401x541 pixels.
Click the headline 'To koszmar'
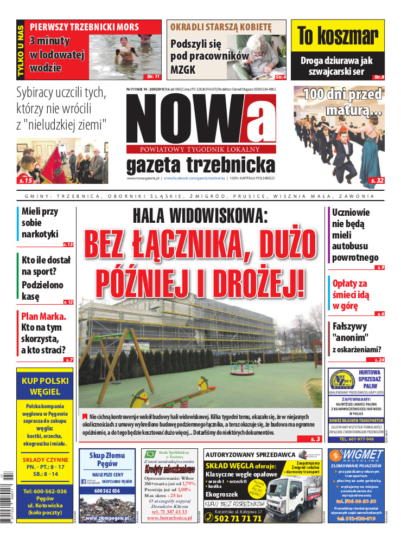click(x=338, y=37)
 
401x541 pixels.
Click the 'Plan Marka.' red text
click(x=43, y=317)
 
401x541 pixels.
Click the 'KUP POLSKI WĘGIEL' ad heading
click(x=45, y=385)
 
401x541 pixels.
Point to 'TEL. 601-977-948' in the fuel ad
click(x=355, y=440)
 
